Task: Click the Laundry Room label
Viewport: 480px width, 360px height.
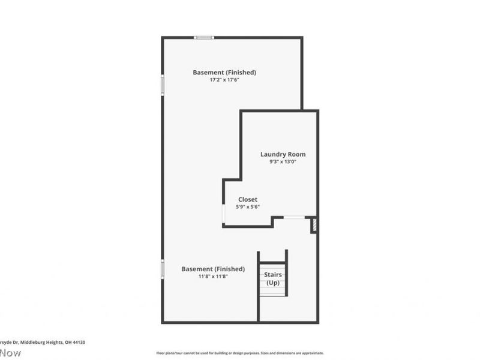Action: tap(283, 154)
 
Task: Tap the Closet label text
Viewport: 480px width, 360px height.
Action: tap(248, 199)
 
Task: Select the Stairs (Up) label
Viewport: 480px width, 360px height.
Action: tap(273, 278)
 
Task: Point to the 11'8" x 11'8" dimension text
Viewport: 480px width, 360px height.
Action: tap(212, 277)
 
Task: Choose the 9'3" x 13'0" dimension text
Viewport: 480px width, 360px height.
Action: tap(283, 161)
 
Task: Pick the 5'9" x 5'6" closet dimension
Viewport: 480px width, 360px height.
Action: tap(248, 207)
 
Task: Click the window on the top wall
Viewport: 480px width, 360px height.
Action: tap(204, 37)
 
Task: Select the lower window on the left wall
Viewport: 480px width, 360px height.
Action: tap(162, 269)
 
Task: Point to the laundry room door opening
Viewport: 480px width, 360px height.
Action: tap(293, 217)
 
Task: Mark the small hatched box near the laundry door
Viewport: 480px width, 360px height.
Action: tap(313, 226)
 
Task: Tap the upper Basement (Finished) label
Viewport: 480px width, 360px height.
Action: tap(224, 73)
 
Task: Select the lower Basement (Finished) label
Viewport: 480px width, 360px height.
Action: tap(212, 269)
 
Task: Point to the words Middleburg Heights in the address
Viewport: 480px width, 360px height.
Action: tap(41, 342)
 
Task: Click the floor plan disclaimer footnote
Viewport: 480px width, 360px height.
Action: tap(240, 353)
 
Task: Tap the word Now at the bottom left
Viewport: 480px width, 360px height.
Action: tap(10, 353)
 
